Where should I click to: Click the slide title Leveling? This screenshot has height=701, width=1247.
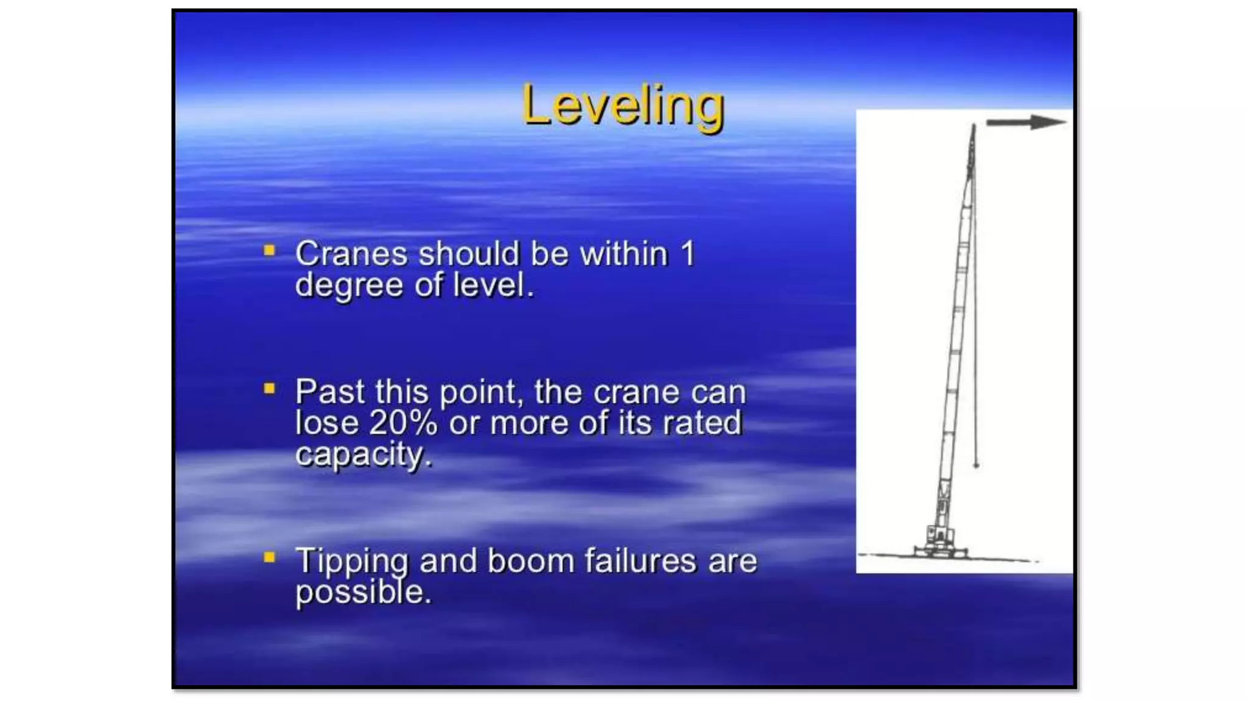[623, 106]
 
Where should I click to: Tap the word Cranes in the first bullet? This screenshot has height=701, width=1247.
[351, 254]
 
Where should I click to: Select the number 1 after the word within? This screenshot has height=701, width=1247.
[687, 254]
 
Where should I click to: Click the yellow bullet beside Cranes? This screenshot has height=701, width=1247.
[269, 251]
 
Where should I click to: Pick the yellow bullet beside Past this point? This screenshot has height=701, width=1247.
[269, 388]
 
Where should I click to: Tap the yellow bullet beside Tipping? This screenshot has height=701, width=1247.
[269, 557]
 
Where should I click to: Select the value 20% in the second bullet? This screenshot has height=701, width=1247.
[403, 422]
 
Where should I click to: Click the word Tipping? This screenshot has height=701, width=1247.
[351, 561]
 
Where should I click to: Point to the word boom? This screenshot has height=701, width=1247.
[530, 560]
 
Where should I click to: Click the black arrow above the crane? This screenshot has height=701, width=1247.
[1025, 122]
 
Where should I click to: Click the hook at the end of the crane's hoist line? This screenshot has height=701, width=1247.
[976, 465]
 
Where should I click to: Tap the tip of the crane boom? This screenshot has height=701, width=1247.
[973, 127]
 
